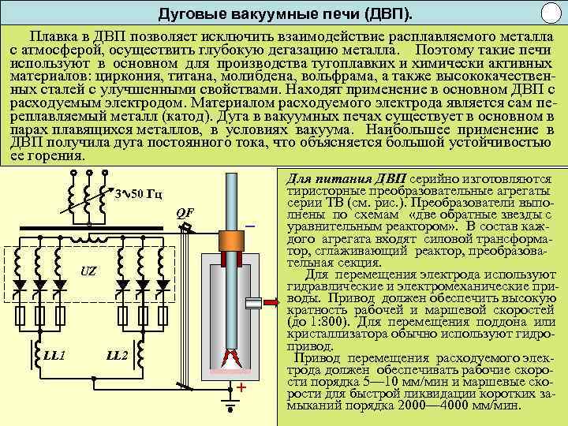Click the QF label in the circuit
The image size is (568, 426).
pyautogui.click(x=185, y=214)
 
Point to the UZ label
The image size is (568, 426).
pyautogui.click(x=89, y=271)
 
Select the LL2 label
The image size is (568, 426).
pyautogui.click(x=117, y=355)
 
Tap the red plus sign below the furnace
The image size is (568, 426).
pyautogui.click(x=241, y=388)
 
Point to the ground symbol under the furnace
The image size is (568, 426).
pyautogui.click(x=230, y=409)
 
